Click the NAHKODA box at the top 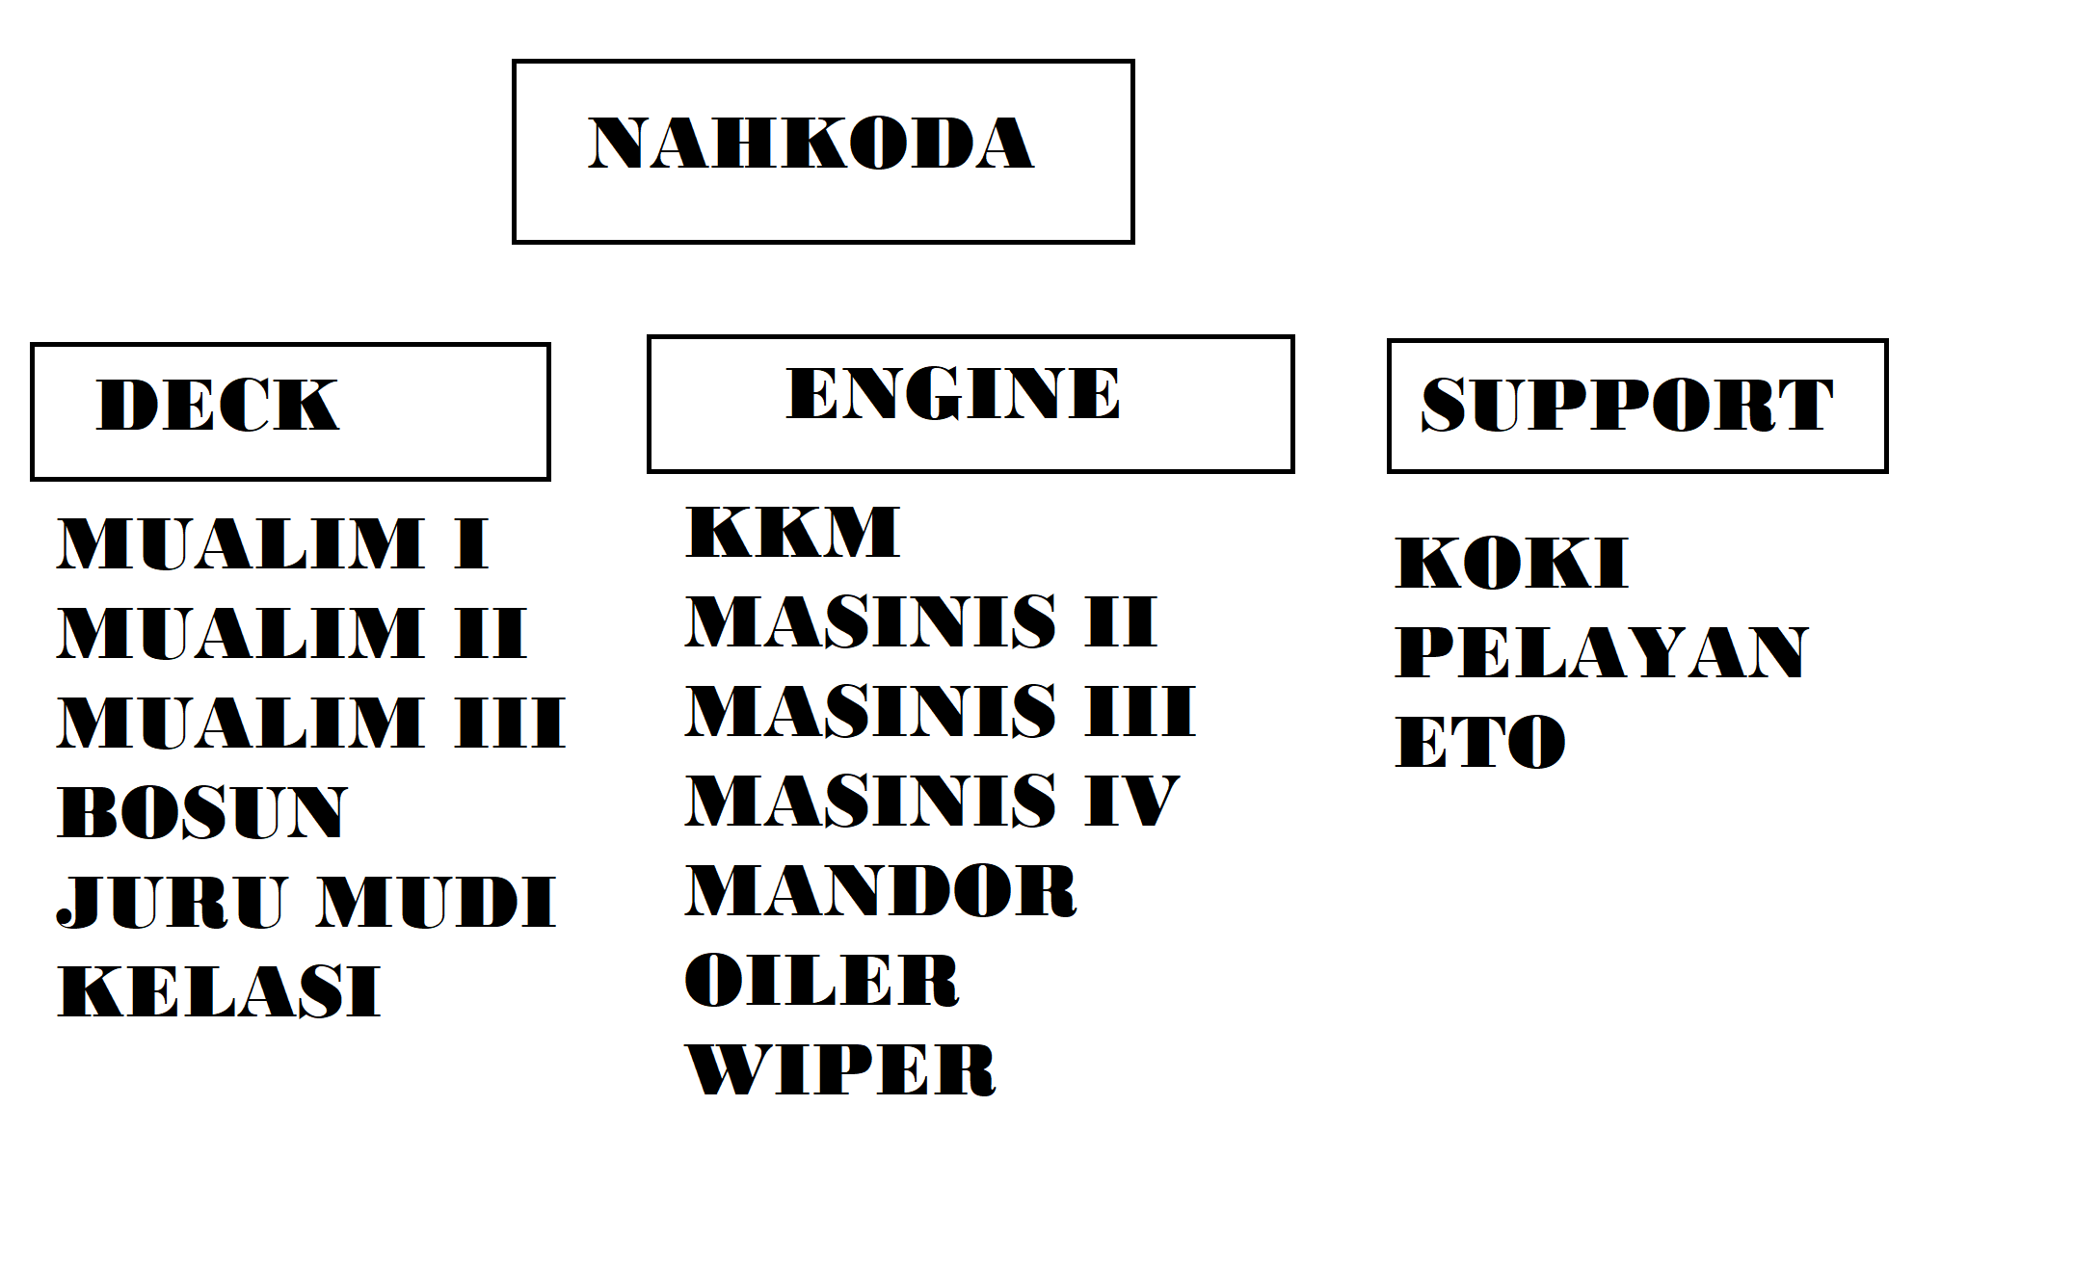point(823,151)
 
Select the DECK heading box point(289,410)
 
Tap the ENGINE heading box point(970,403)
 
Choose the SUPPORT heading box point(1636,406)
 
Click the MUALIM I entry point(274,544)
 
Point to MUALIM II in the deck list point(292,633)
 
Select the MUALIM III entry point(311,723)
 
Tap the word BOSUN point(202,812)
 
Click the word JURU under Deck point(172,903)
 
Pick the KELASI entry point(220,991)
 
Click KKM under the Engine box point(792,532)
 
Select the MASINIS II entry point(920,621)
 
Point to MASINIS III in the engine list point(940,711)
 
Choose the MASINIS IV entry point(932,801)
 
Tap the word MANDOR point(881,890)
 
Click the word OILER point(822,981)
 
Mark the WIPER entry point(840,1070)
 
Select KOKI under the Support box point(1511,564)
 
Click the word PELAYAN point(1602,652)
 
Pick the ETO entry point(1480,742)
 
